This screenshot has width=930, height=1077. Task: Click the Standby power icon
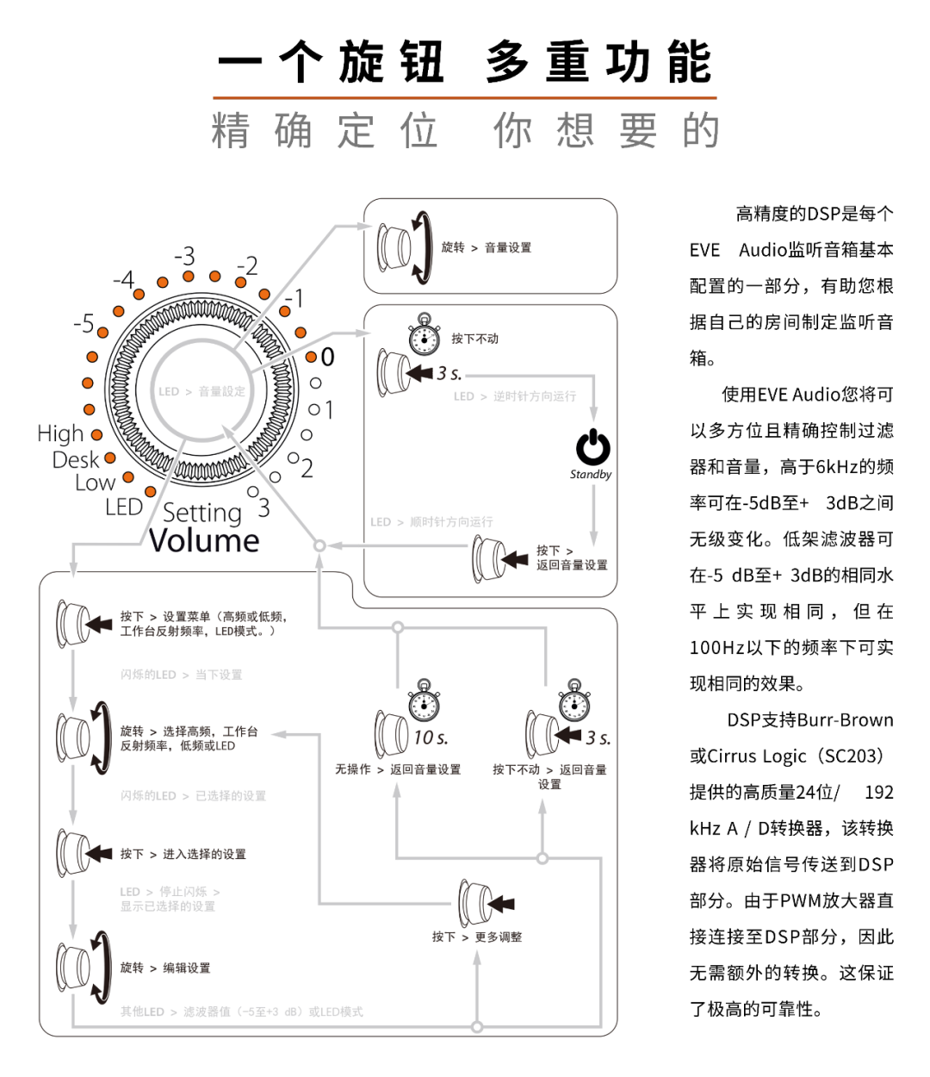(x=592, y=447)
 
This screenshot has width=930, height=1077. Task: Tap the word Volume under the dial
(x=204, y=541)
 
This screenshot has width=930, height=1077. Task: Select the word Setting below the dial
(x=202, y=513)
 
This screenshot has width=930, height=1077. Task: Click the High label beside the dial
(x=60, y=433)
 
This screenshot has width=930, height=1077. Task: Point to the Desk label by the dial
(x=76, y=459)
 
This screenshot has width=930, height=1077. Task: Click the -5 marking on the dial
(x=84, y=324)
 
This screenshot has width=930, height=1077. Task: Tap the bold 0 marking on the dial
(x=327, y=357)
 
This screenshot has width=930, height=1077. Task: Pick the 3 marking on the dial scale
(x=263, y=508)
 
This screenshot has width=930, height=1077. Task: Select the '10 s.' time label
(x=431, y=738)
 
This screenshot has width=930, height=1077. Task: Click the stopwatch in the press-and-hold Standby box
(x=424, y=334)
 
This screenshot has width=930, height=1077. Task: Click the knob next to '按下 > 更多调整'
(x=474, y=903)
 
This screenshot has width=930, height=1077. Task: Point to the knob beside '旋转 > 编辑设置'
(x=73, y=968)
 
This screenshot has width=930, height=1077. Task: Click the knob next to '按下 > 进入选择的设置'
(x=73, y=853)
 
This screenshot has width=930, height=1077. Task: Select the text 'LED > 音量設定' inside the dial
(x=201, y=391)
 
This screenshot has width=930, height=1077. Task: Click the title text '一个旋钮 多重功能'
(x=465, y=62)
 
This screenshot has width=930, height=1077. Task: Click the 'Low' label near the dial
(x=95, y=482)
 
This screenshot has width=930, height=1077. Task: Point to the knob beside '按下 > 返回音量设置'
(x=489, y=558)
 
